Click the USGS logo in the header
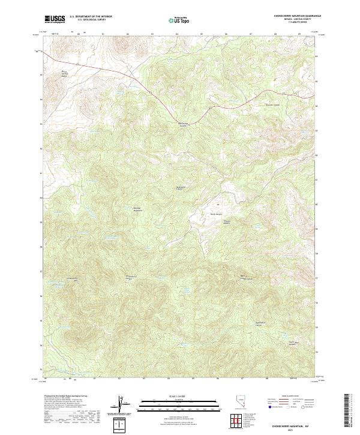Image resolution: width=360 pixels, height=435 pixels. [55, 19]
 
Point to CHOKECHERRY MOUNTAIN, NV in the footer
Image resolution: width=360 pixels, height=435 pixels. [290, 422]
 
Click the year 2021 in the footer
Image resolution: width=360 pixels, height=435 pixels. [290, 428]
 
